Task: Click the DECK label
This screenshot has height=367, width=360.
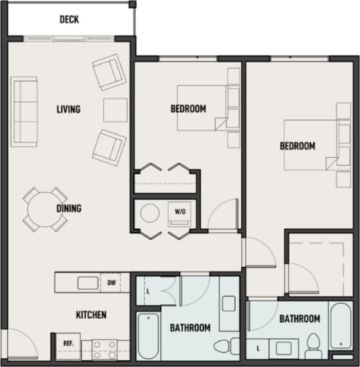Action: coord(69,20)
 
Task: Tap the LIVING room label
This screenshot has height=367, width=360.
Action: coord(68,109)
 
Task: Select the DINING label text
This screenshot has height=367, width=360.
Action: coord(69,208)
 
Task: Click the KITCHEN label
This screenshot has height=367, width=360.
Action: coord(91,315)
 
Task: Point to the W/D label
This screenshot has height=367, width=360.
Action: coord(180,211)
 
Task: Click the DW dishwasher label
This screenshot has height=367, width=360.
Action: coord(111,283)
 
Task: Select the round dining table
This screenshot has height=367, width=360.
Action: coord(45,209)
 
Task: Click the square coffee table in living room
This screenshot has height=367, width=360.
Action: coord(115,109)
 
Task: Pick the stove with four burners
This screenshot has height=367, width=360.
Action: coord(105,350)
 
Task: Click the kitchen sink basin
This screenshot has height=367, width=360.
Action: coord(85,283)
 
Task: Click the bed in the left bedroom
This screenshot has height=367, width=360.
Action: coord(201,108)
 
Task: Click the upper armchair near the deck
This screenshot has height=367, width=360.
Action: coord(109,72)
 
